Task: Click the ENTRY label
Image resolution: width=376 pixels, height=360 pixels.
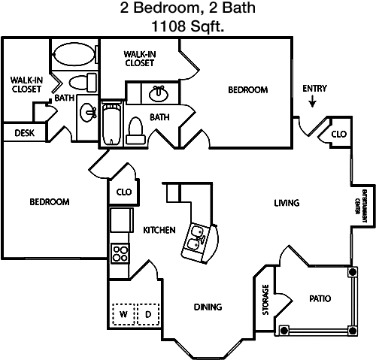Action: (314, 89)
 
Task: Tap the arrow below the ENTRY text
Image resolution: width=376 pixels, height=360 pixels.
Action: (312, 102)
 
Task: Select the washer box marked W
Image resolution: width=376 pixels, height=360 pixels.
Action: (123, 314)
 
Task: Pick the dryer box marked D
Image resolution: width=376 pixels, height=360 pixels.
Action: (148, 314)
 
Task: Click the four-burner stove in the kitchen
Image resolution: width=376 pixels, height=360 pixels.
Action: (120, 253)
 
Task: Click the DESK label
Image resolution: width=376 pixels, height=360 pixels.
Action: (25, 133)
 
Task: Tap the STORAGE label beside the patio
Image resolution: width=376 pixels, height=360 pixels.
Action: (265, 300)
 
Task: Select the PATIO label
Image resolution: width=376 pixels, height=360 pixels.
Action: (320, 298)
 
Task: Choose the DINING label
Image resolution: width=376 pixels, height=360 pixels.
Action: (208, 307)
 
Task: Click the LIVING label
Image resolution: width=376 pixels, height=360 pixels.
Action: (287, 203)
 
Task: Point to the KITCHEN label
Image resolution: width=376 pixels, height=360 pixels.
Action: (159, 230)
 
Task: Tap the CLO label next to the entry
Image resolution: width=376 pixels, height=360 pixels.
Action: (339, 135)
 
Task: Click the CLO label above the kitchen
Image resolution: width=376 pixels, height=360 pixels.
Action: (124, 192)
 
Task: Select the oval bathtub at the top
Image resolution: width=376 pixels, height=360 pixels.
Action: (73, 54)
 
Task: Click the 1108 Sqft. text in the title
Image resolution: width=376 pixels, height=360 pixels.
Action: (188, 26)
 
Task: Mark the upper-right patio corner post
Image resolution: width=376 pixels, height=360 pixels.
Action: (353, 271)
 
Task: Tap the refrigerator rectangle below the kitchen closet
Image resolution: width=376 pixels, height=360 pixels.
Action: (121, 220)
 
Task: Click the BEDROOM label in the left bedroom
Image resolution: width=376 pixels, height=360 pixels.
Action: (50, 202)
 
